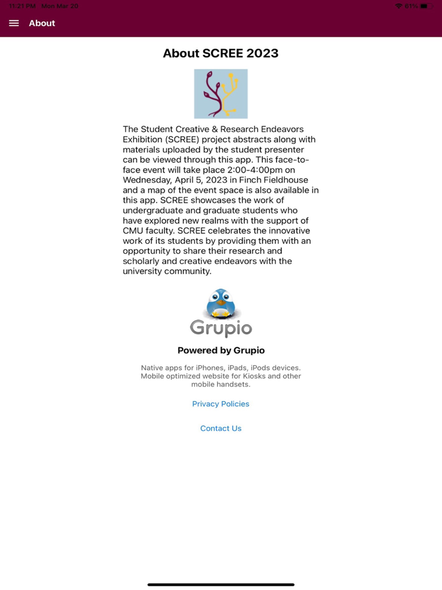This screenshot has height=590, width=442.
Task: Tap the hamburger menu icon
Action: [x=14, y=23]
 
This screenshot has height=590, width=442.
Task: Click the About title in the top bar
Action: [x=42, y=23]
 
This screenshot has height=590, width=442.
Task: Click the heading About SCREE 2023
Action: [x=220, y=53]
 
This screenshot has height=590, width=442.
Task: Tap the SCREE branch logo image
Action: [x=220, y=93]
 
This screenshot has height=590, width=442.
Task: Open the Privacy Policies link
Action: [x=220, y=404]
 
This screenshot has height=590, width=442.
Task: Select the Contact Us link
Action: [x=220, y=428]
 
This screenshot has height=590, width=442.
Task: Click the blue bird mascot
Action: [x=221, y=304]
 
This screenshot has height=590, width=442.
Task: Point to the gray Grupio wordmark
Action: [x=221, y=328]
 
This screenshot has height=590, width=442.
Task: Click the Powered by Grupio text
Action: [x=220, y=351]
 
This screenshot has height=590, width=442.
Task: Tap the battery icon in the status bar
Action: [x=427, y=6]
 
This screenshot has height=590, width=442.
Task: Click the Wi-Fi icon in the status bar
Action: [x=398, y=6]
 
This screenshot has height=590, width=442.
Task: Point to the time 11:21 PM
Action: [x=22, y=6]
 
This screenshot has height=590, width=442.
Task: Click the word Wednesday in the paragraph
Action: [x=149, y=180]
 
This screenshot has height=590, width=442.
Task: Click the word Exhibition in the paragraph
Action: [x=146, y=140]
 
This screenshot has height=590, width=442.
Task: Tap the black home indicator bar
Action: [x=220, y=584]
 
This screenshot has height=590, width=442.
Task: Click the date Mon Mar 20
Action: [x=60, y=6]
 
